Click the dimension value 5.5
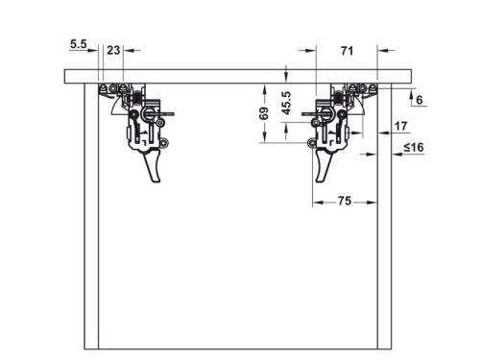pyautogui.click(x=79, y=44)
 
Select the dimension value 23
pyautogui.click(x=113, y=50)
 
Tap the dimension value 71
pyautogui.click(x=347, y=51)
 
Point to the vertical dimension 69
pyautogui.click(x=264, y=113)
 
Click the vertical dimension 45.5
pyautogui.click(x=286, y=103)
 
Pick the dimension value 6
pyautogui.click(x=420, y=100)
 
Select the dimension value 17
pyautogui.click(x=400, y=126)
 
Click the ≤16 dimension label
pyautogui.click(x=414, y=148)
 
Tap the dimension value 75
pyautogui.click(x=345, y=201)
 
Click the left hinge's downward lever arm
pyautogui.click(x=153, y=167)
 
